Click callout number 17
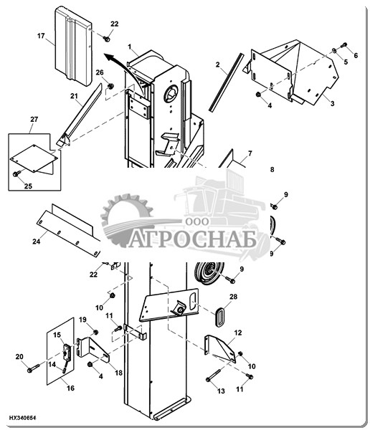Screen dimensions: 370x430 (41, 36)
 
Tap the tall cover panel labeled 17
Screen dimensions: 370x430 (73, 46)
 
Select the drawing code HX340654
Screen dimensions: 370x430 (22, 418)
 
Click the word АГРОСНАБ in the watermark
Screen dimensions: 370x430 (192, 238)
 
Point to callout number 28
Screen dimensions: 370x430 (233, 297)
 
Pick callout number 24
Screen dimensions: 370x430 (37, 242)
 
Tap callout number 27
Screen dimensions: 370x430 (34, 120)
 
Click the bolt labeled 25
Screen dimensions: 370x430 (17, 173)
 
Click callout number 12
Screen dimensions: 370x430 (238, 333)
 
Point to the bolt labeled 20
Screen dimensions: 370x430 (34, 368)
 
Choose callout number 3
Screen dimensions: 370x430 (333, 104)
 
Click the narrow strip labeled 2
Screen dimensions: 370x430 (226, 82)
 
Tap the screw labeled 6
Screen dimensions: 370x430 (343, 45)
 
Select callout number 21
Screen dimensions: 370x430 (74, 96)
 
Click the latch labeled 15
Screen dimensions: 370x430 (67, 352)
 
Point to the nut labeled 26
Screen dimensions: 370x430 (110, 86)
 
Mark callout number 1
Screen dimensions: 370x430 (130, 47)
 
